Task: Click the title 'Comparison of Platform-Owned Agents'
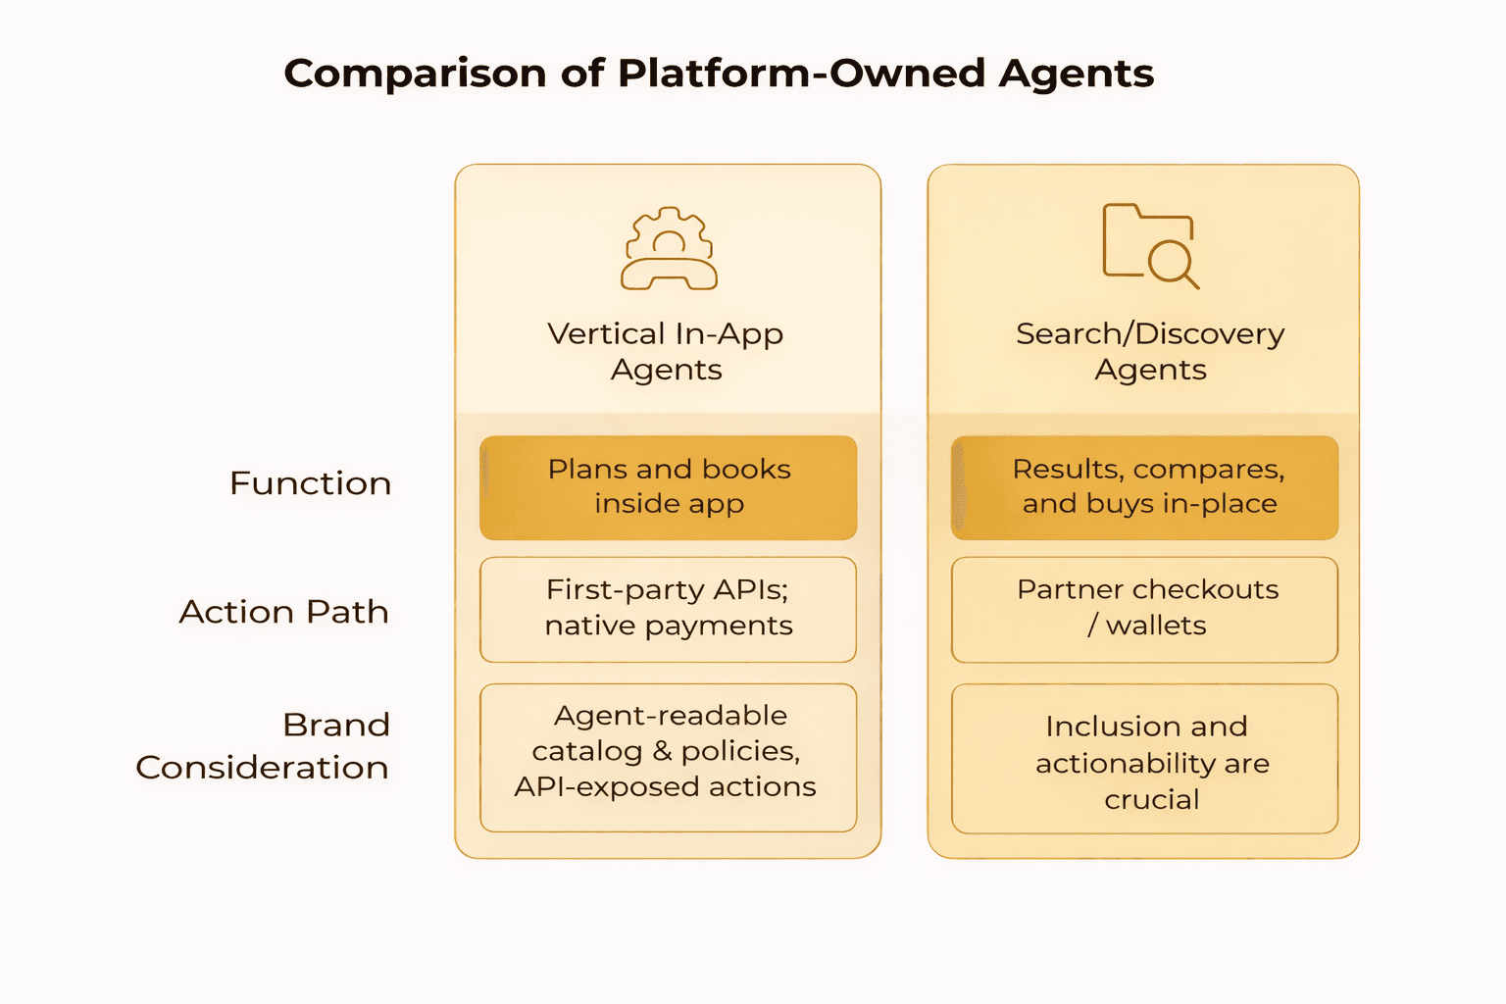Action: coord(719,74)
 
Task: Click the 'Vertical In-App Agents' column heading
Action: coord(666,351)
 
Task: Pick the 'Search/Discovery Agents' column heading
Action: coord(1150,351)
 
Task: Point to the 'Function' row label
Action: coord(310,483)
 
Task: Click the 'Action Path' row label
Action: coord(284,612)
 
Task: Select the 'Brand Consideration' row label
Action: coord(263,745)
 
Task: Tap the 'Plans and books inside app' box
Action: coord(669,487)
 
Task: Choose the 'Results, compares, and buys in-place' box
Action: coord(1145,487)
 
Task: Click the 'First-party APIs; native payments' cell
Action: coord(669,608)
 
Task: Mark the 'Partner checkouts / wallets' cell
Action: coord(1145,608)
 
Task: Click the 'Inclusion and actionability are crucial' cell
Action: coord(1145,760)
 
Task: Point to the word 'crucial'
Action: coord(1151,800)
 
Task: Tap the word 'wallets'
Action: coord(1156,626)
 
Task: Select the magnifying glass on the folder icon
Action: coord(1171,263)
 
